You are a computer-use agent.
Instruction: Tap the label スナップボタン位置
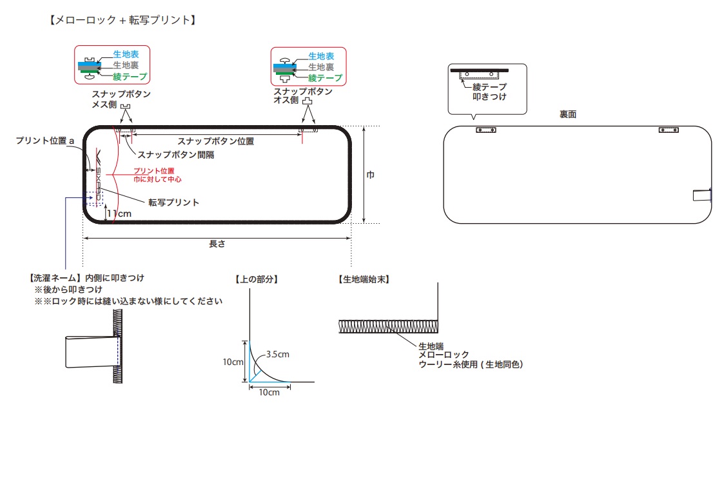215,141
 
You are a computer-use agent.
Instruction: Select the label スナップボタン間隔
176,155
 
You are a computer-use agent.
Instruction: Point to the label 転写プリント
174,202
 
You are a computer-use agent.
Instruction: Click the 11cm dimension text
119,213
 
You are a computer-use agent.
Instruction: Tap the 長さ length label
217,244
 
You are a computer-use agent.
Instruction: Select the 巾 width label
370,175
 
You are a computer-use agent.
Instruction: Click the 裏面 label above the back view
568,114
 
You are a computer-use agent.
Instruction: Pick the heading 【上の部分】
257,279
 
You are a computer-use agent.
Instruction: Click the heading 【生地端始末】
363,279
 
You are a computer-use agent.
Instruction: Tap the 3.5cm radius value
278,354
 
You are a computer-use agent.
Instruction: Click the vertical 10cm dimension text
232,362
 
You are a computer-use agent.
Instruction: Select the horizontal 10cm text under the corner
269,392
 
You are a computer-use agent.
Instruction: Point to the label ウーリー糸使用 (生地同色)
470,364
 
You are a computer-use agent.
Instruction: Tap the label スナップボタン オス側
303,95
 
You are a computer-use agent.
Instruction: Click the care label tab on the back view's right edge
701,195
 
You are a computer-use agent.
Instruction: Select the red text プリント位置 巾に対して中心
157,174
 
